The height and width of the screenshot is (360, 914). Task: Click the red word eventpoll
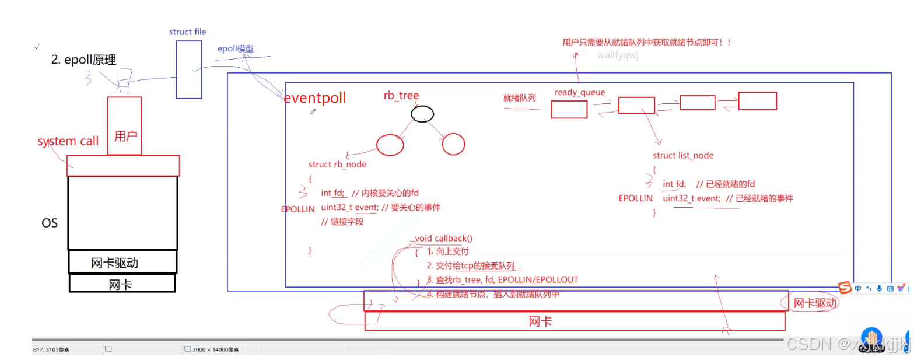point(314,98)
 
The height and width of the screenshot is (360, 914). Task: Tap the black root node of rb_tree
point(422,114)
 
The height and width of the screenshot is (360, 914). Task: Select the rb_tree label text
point(401,95)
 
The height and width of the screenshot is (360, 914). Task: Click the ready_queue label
point(579,92)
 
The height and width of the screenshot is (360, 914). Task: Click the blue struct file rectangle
point(189,69)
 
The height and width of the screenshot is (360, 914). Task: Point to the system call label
point(68,141)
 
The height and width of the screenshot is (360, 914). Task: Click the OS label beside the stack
point(50,223)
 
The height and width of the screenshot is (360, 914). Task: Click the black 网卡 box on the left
point(122,284)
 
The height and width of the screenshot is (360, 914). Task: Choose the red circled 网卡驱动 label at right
point(815,303)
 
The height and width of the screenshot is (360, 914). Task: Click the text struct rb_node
point(337,165)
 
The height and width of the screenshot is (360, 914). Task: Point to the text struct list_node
point(683,155)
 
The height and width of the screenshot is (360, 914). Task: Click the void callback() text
point(443,238)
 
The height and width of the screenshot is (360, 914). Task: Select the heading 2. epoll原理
point(83,60)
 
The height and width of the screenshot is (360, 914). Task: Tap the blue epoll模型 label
point(236,49)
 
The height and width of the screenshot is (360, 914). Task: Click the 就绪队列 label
point(519,97)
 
